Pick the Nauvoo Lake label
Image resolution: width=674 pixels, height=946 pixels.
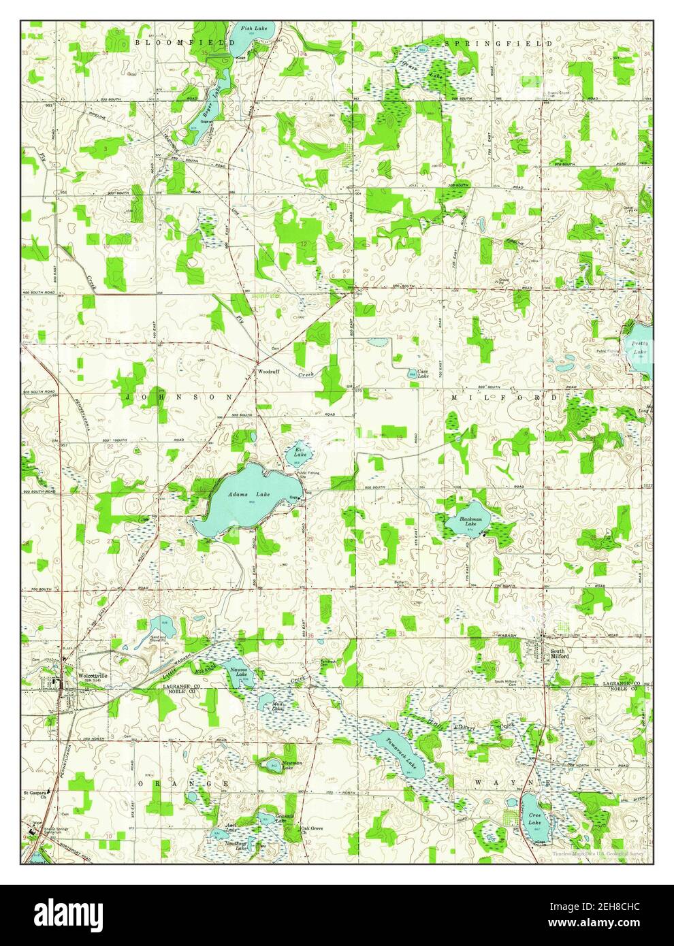(237, 673)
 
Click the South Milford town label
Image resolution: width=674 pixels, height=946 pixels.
(558, 655)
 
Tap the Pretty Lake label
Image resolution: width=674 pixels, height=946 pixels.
(640, 348)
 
